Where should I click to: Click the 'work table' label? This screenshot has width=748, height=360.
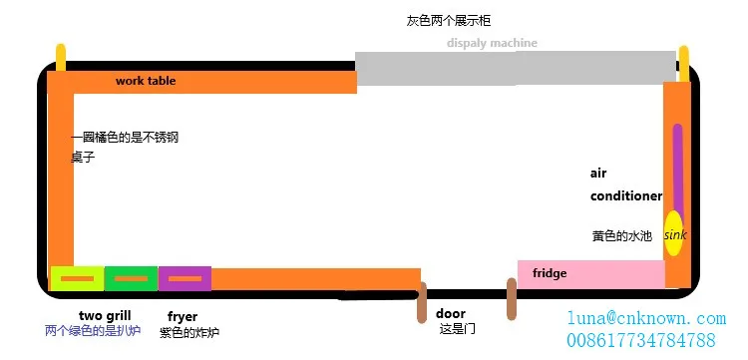[146, 81]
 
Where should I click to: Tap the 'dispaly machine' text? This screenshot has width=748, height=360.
[492, 43]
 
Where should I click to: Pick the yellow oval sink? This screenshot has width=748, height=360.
[674, 233]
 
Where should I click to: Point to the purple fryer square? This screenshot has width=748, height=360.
[185, 278]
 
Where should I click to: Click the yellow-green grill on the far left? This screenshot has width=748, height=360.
[77, 278]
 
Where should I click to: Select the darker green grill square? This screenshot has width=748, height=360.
[131, 278]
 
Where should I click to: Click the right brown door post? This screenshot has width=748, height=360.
[512, 299]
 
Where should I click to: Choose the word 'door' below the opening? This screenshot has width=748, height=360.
[451, 313]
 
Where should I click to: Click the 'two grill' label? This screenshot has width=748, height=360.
[105, 316]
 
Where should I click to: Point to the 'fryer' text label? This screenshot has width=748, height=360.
[183, 316]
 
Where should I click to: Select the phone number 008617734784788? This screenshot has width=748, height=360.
[641, 340]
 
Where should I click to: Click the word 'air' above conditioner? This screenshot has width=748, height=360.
[598, 173]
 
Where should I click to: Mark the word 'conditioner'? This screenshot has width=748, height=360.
[626, 195]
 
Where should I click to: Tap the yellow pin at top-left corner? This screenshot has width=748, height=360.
[61, 58]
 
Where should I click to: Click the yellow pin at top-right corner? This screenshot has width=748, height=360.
[684, 62]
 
